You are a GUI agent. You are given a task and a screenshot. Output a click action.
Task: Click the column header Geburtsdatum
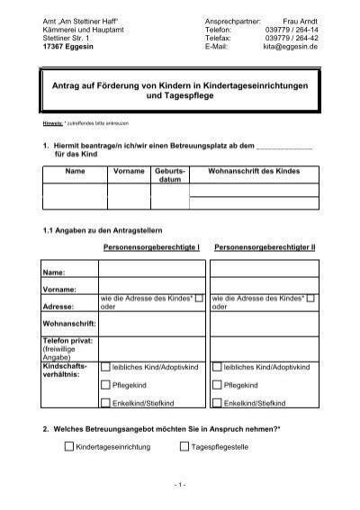click(x=170, y=174)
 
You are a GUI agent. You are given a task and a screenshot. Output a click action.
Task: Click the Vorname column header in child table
click(x=129, y=169)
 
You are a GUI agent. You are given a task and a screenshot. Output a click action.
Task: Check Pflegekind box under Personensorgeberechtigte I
click(x=105, y=384)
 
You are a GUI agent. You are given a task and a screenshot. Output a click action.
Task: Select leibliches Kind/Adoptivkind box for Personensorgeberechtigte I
click(x=105, y=367)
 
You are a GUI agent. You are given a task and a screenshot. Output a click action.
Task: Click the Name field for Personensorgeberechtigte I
click(x=153, y=270)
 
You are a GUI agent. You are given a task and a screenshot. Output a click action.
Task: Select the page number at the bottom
click(x=180, y=487)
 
